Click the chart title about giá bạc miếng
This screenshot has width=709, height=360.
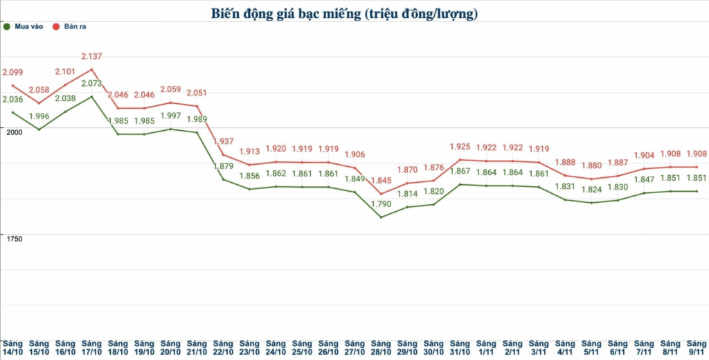coord(344,13)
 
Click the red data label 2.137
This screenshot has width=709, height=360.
coord(92,56)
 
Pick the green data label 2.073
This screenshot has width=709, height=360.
coord(92,84)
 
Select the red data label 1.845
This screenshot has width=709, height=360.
coord(381,181)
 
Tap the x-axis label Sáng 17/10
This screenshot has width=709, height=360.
coord(91,348)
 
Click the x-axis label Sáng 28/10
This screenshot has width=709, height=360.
coord(381,348)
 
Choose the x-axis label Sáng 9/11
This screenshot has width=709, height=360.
coord(696,348)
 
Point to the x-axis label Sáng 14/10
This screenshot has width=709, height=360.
coord(13,348)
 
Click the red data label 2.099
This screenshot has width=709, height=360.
coord(13,72)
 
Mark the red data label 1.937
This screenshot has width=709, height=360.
coord(223,141)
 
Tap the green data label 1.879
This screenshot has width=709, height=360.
coord(223,166)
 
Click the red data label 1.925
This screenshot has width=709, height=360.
coord(460,147)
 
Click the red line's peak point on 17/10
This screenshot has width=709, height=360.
coord(92,69)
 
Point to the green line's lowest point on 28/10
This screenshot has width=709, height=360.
coord(381,217)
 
